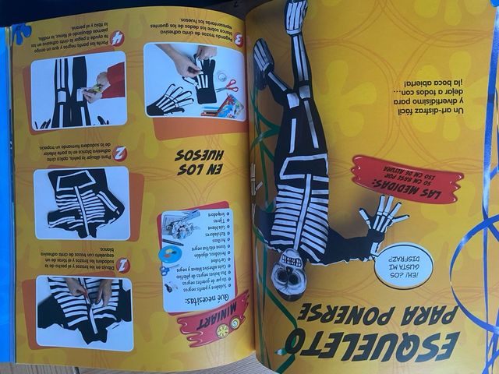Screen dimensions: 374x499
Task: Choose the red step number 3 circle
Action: tap(238, 40)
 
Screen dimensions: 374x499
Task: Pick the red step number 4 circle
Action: tap(117, 37)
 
